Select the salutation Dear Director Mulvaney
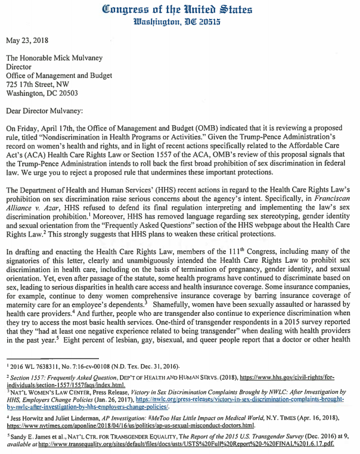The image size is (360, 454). [50, 110]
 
